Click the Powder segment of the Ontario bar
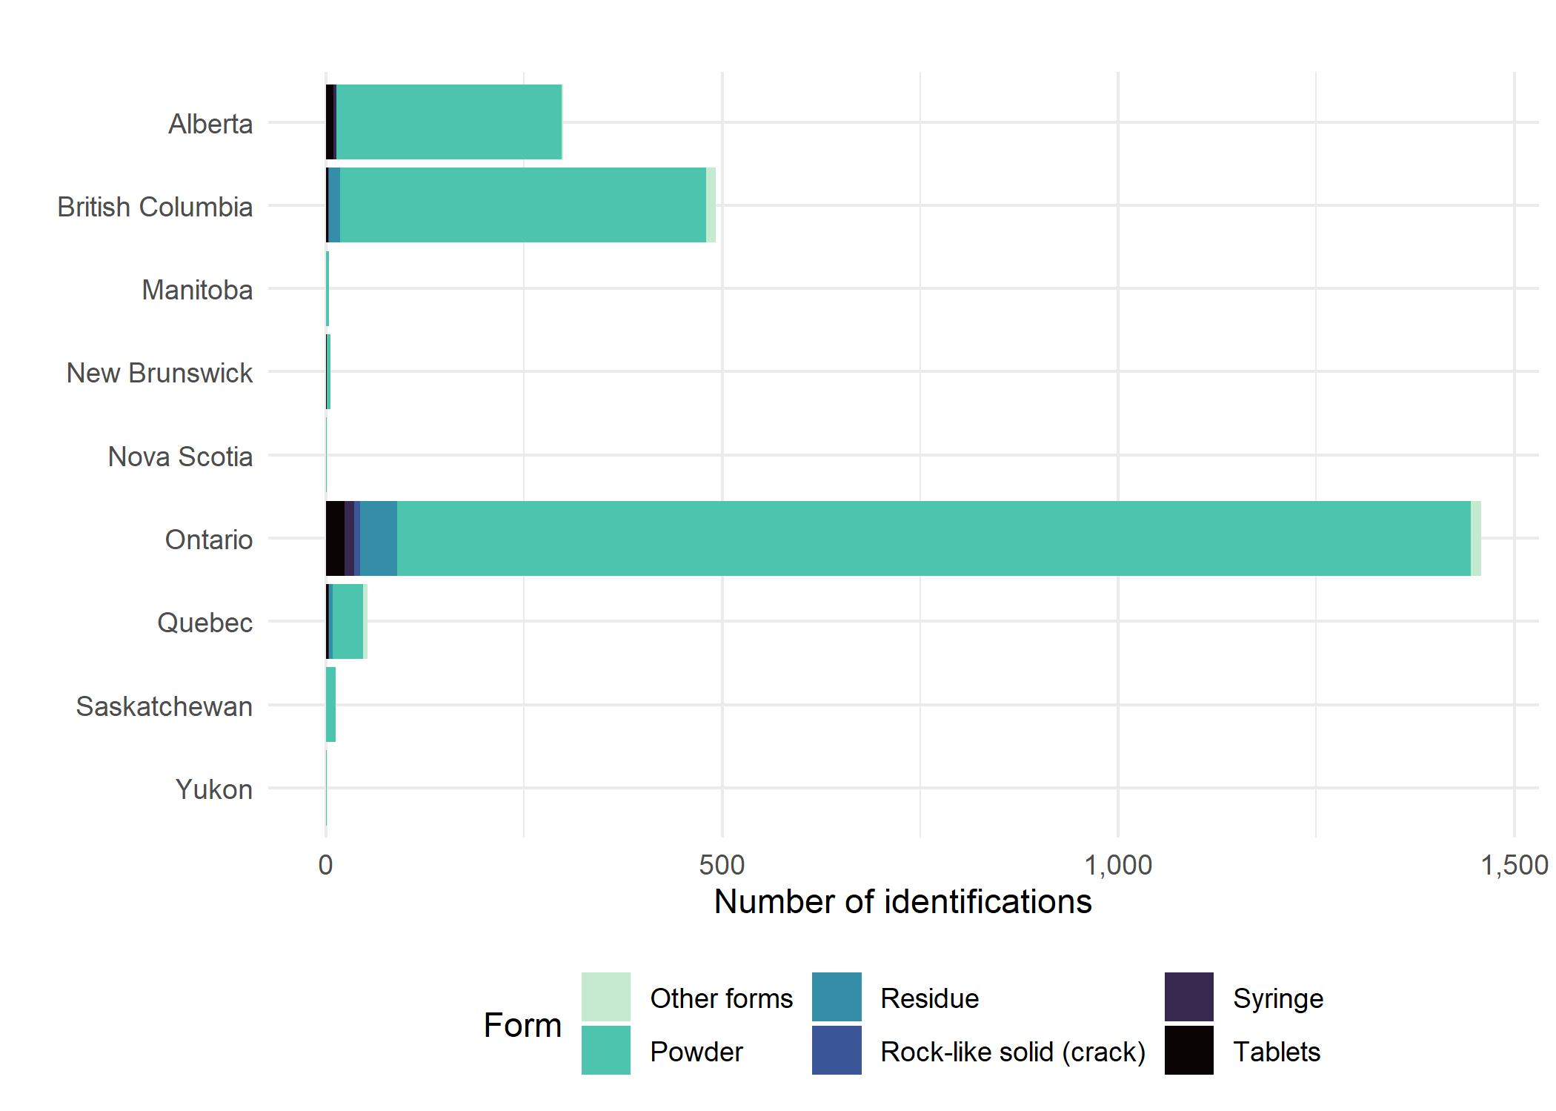click(934, 538)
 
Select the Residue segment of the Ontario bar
click(379, 538)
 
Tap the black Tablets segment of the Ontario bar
click(335, 538)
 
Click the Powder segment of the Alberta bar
click(449, 122)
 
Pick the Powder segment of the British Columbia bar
click(523, 205)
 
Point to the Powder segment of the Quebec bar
click(348, 621)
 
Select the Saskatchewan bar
click(331, 704)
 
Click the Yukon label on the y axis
click(214, 789)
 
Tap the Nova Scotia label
click(180, 457)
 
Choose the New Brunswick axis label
click(159, 373)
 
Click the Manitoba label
click(197, 290)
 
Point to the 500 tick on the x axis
click(722, 865)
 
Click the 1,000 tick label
click(1118, 865)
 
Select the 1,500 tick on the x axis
click(1514, 865)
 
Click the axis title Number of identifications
click(902, 902)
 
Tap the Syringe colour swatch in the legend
click(1188, 997)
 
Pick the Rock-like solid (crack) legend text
click(1012, 1052)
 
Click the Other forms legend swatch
click(606, 997)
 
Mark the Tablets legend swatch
click(1188, 1049)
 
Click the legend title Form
click(522, 1026)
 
